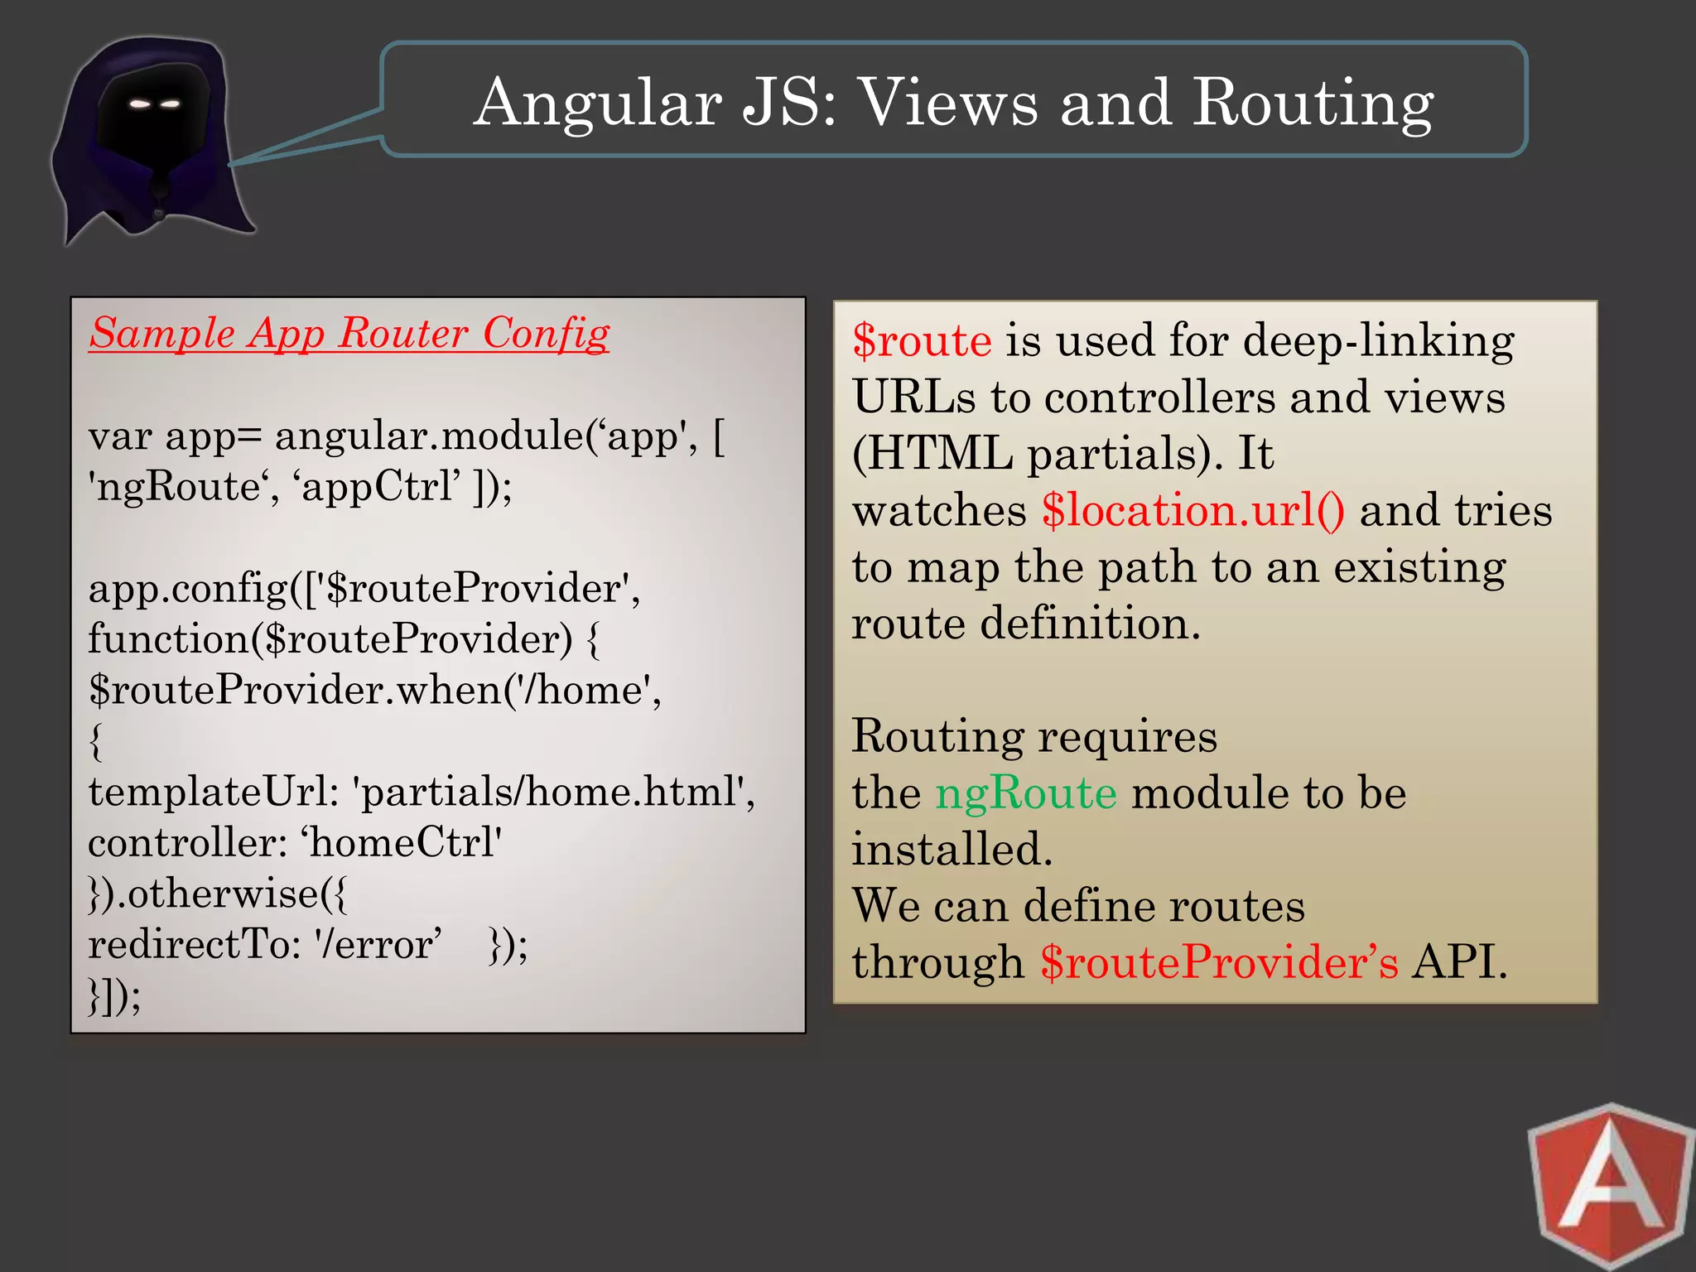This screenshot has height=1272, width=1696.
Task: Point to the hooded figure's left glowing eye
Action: pos(140,104)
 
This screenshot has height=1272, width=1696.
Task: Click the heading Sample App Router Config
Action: pos(349,334)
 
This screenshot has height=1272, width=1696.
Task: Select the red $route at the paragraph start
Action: pos(921,341)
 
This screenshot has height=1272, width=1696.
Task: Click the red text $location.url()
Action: pos(1192,511)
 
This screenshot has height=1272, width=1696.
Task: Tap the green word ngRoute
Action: pos(1025,793)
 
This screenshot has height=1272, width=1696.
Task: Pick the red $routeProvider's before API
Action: pos(1218,963)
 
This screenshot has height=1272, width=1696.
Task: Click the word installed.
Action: pos(952,850)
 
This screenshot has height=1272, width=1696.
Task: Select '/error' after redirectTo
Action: pos(377,945)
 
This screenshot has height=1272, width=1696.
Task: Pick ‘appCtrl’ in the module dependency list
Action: pos(377,487)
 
